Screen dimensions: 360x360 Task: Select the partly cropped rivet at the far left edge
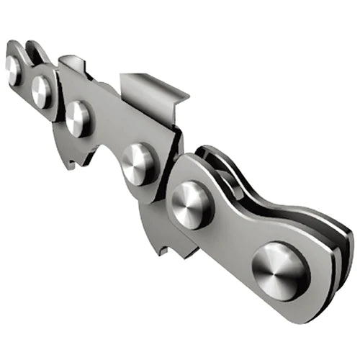coord(12,67)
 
